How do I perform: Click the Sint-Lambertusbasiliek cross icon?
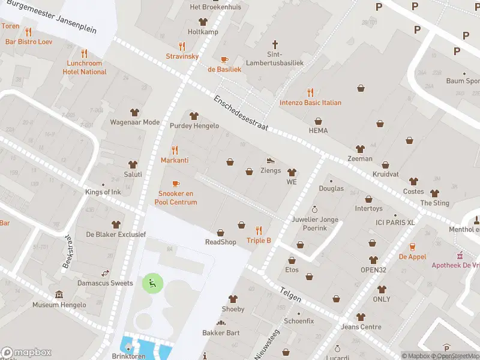275,44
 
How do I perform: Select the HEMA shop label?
318,130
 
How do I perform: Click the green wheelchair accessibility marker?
151,283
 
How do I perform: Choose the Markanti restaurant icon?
175,150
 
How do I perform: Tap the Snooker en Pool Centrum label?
176,197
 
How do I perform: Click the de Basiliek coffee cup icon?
224,59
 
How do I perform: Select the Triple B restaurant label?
259,241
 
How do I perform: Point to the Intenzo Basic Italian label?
310,103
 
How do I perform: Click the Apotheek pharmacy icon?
460,254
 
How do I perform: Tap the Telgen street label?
290,292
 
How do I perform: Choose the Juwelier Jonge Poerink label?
315,224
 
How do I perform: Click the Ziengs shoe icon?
271,160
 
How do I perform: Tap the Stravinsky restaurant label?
182,56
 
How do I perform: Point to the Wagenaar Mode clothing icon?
134,112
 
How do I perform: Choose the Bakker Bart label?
221,333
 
